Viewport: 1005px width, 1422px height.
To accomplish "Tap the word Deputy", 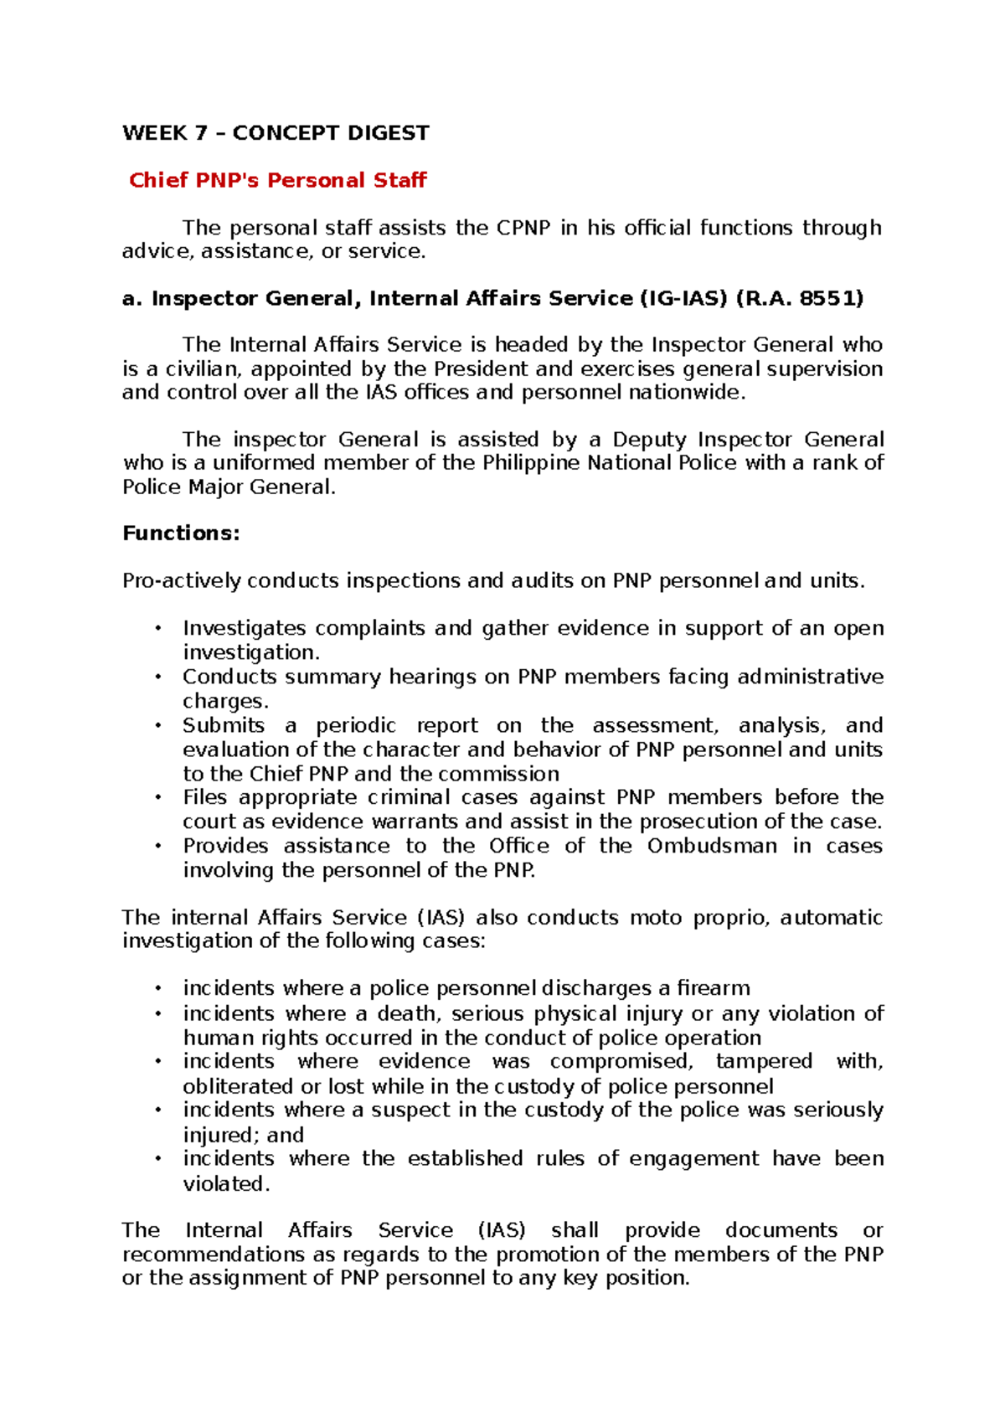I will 649,440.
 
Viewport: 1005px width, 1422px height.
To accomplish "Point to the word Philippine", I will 531,463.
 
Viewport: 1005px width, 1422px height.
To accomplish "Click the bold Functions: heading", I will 181,533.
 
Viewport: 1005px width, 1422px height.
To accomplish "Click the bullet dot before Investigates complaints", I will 157,628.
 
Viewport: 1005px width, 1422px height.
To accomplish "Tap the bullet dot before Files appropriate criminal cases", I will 157,797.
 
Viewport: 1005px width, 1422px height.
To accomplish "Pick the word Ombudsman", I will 712,846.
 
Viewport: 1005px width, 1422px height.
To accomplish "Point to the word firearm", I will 714,988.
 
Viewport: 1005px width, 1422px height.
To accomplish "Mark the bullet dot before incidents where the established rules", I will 157,1158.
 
